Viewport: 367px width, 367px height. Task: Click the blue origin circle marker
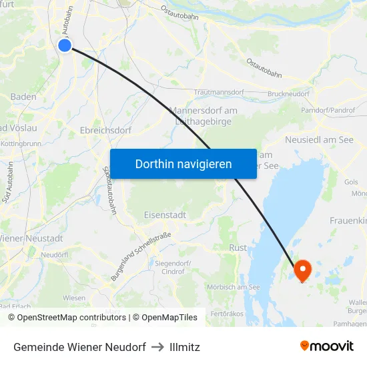[65, 45]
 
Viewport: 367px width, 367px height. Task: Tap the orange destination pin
[302, 270]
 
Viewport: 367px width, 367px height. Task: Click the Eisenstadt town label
[165, 215]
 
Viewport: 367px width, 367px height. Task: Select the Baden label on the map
[23, 97]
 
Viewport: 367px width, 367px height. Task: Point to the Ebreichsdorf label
[105, 131]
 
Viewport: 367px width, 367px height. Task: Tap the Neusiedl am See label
[319, 139]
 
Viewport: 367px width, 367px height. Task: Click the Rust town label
[238, 248]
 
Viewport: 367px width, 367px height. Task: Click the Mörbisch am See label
[234, 287]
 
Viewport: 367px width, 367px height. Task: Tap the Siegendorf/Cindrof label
[173, 268]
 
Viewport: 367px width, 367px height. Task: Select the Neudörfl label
[55, 255]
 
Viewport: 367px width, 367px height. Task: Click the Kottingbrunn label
[21, 143]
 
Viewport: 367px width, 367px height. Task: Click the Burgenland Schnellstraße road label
[141, 256]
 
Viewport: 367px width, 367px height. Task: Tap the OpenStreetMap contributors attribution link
[72, 318]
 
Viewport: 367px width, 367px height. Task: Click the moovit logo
[327, 346]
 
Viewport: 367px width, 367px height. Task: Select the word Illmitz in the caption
[185, 347]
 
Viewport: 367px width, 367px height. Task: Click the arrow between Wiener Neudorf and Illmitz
[157, 347]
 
